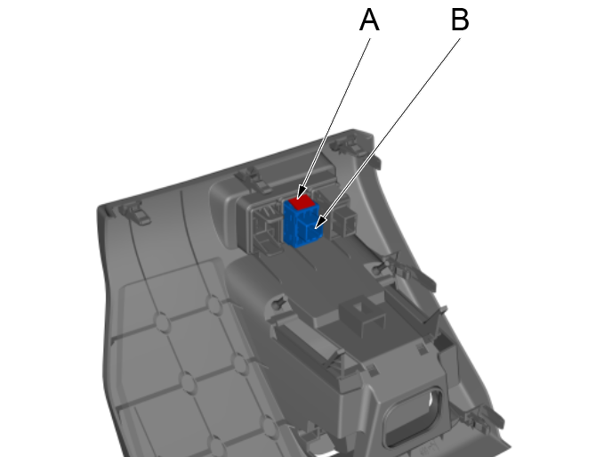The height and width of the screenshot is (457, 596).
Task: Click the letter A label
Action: [369, 20]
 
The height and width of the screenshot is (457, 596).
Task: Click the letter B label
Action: [459, 20]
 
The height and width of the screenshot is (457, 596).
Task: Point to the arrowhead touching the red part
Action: [302, 192]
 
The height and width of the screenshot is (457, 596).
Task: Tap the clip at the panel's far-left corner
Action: [132, 212]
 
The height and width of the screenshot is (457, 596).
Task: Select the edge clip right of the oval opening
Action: [480, 415]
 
